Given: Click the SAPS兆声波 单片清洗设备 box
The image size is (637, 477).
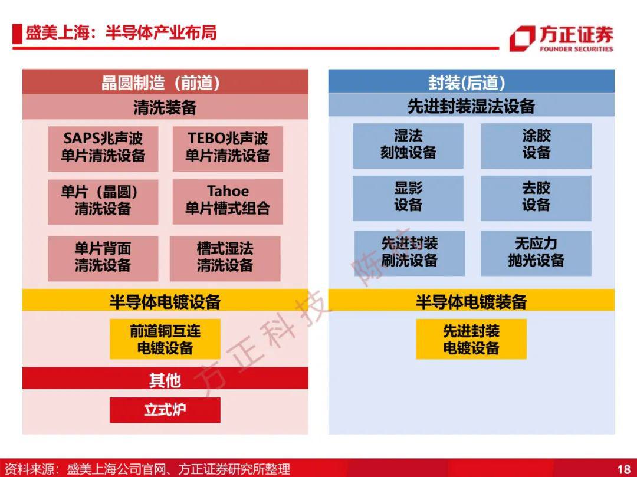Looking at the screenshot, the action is click(103, 149).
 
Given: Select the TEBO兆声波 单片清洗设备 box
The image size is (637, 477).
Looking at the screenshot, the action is click(228, 149).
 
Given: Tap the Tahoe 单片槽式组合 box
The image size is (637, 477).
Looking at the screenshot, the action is click(228, 202).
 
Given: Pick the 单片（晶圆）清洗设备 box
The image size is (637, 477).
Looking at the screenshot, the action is click(103, 202).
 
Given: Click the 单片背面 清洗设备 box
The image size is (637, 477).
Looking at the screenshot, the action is click(103, 259).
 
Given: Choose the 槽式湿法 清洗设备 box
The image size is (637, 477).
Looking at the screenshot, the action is click(225, 259).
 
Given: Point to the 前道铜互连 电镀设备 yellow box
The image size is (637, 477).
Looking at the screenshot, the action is click(165, 339).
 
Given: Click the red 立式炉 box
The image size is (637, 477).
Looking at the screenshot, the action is click(165, 410).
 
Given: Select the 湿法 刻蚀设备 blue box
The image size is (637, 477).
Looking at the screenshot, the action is click(408, 146).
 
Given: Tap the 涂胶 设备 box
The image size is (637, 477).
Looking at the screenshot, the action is click(536, 146).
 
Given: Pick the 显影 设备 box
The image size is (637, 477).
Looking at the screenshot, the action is click(408, 198).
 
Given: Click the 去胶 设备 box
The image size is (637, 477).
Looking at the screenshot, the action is click(536, 198).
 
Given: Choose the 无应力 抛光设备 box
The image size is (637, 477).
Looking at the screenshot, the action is click(536, 254).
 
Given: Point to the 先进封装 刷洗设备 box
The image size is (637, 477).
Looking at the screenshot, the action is click(409, 254).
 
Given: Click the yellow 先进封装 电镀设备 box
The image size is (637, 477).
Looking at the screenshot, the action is click(471, 339).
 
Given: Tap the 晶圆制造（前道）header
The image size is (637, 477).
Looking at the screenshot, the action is click(165, 81).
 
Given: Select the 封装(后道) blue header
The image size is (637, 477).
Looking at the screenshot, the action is click(471, 81).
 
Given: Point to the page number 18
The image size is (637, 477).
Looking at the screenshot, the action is click(623, 469).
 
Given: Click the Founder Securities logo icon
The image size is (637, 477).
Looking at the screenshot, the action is click(523, 38).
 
